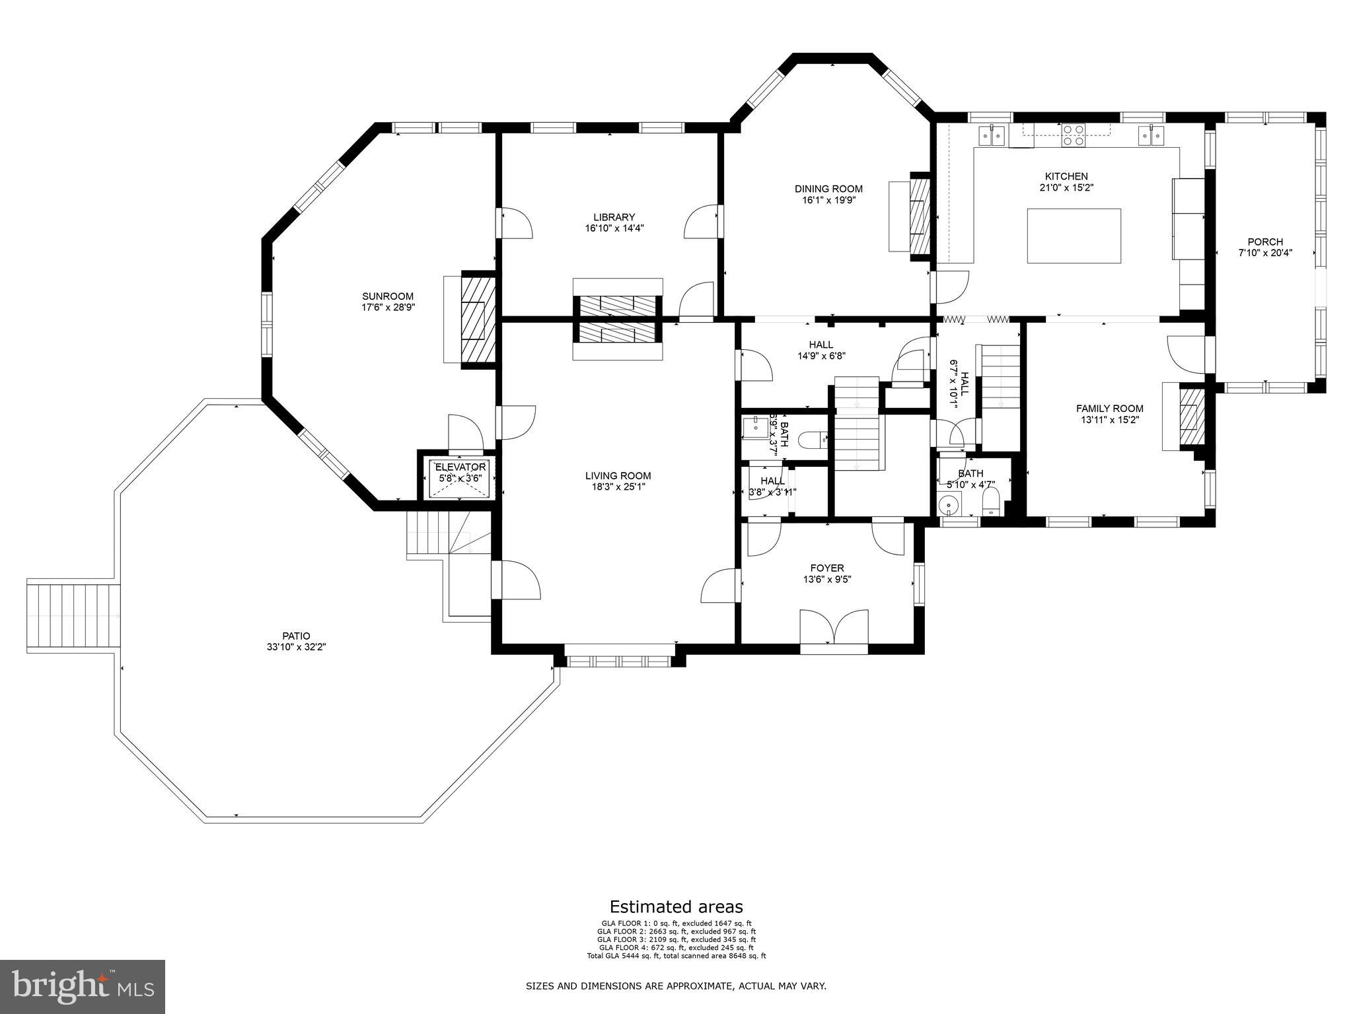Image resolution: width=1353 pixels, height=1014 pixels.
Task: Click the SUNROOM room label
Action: pos(388,296)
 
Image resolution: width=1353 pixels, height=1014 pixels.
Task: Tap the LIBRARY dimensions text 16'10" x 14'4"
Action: pos(614,228)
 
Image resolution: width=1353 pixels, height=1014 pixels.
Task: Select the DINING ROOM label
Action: pos(828,189)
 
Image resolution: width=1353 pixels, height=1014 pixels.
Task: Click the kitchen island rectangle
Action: pos(1074,236)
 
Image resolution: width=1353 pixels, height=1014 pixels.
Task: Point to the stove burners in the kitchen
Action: pos(1074,135)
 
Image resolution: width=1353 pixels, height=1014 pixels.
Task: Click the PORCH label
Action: pos(1265,242)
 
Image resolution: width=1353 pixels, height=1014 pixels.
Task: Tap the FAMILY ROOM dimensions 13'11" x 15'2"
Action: pos(1109,419)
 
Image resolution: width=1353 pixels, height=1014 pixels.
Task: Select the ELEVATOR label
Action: pos(460,467)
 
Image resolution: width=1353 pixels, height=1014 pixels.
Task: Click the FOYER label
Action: pos(827,568)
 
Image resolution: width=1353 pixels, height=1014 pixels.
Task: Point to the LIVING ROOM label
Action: pos(618,475)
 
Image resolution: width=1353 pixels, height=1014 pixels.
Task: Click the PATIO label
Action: pos(293,636)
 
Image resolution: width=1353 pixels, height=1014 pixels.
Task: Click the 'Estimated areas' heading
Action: pos(676,906)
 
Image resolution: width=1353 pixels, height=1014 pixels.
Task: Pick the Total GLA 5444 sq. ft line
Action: pos(676,956)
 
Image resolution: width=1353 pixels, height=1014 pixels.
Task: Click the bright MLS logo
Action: pos(82,986)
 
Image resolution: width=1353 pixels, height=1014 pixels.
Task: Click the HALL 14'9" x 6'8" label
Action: pos(821,350)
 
